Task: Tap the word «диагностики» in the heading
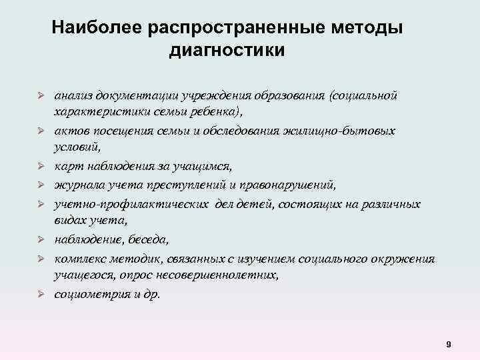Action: (227, 50)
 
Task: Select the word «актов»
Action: (72, 131)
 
